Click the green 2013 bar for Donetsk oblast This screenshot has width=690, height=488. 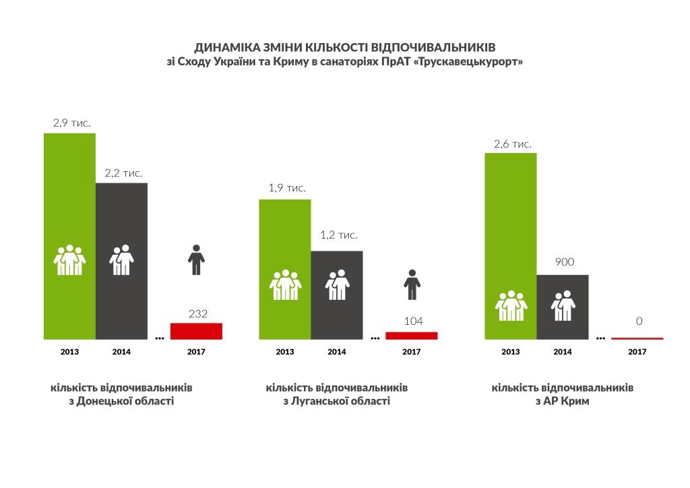coord(69,202)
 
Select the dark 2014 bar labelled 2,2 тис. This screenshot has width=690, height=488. coord(121,222)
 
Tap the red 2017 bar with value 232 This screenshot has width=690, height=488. coord(196,331)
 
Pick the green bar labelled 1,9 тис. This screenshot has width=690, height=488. coord(285,236)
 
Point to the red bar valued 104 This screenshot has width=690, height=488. coord(411,335)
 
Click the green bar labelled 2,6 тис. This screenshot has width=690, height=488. coord(511,216)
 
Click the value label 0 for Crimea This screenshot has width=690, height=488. coord(637,322)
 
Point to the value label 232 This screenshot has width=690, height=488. coord(198,313)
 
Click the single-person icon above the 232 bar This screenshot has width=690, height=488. coord(196,260)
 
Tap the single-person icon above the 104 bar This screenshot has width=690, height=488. coord(412,284)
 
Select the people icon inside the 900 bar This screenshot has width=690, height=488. coord(563,306)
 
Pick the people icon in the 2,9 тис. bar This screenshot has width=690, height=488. coord(69,260)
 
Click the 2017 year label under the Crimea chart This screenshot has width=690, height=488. coord(637,352)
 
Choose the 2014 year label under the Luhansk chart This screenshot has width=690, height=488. coord(336,352)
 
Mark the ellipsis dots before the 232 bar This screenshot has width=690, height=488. coord(160,338)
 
